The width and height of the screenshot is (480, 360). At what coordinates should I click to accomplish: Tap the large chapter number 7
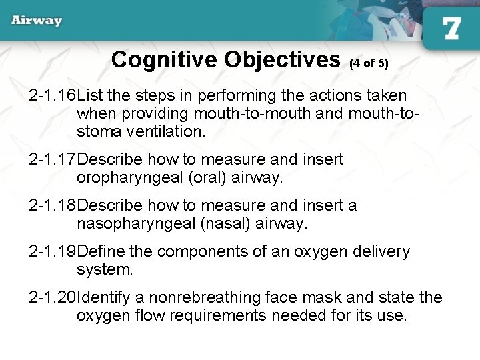451,29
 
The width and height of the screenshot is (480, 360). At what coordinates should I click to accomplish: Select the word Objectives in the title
283,60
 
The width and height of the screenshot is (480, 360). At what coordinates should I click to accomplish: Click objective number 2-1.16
53,96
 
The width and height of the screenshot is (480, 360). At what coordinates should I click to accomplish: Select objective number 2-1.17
53,160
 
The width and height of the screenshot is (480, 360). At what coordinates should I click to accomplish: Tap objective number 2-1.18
53,205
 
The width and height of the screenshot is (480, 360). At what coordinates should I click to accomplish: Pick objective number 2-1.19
53,251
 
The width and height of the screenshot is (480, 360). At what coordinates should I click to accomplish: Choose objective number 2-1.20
53,297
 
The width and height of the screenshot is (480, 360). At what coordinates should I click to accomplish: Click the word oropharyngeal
124,178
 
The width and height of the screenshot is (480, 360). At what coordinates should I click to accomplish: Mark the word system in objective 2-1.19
103,269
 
